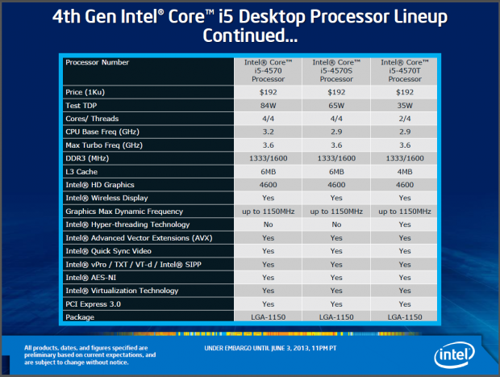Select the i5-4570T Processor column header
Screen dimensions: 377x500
coord(403,70)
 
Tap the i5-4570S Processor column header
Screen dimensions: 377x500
coord(335,70)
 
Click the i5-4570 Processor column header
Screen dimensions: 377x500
coord(267,70)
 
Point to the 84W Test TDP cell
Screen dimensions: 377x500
coord(267,106)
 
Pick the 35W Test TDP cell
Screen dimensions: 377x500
coord(403,106)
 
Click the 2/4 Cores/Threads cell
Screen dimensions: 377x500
coord(403,119)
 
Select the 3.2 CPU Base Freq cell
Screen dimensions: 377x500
coord(267,132)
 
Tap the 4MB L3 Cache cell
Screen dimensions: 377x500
coord(403,171)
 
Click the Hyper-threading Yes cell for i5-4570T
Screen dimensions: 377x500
coord(403,224)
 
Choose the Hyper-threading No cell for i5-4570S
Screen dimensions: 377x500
coord(335,224)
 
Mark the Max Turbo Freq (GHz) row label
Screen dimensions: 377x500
coord(104,145)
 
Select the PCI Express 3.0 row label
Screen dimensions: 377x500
coord(94,304)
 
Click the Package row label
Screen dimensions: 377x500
coord(80,317)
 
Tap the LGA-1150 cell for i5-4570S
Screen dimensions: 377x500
coord(335,317)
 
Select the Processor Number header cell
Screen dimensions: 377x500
coord(98,62)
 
